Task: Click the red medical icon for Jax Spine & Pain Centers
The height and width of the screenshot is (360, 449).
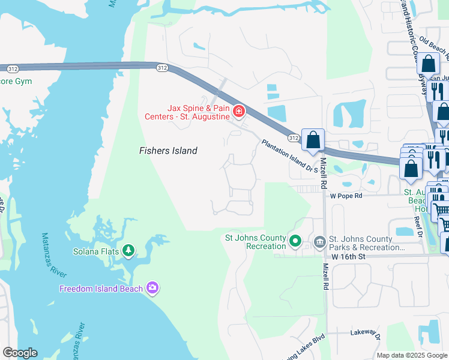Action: (x=239, y=111)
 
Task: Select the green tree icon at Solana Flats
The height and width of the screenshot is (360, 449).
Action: (x=128, y=251)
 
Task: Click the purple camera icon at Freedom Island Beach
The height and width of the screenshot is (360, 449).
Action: (x=152, y=289)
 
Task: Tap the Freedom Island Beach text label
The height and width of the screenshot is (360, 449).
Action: (x=101, y=289)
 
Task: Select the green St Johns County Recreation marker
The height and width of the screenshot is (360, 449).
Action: (x=295, y=242)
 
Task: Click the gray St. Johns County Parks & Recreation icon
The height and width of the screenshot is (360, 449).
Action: (x=319, y=242)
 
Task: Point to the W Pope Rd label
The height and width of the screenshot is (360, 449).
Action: (x=346, y=196)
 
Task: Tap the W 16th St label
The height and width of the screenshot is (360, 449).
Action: (x=350, y=256)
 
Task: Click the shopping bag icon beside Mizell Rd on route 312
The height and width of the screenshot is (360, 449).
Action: (x=313, y=141)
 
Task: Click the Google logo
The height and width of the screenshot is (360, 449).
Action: (x=19, y=353)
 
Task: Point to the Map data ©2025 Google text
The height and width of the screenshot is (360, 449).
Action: (x=412, y=355)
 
